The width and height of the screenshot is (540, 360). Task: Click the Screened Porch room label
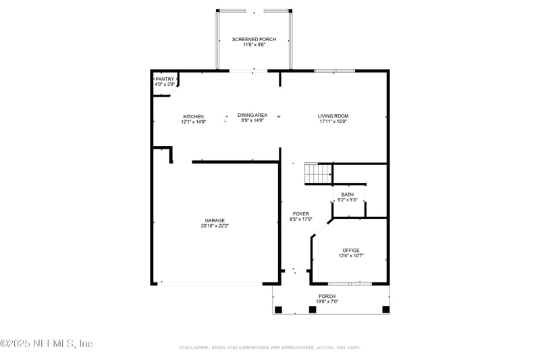(x=254, y=40)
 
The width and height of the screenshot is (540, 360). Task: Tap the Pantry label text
(x=165, y=79)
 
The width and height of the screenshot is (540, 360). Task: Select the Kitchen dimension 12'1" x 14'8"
(x=193, y=122)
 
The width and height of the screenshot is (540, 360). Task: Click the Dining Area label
(x=252, y=115)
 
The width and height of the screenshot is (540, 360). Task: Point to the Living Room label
(x=333, y=116)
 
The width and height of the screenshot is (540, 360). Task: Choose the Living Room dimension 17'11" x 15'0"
(x=333, y=122)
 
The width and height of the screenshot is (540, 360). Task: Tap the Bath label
(x=347, y=195)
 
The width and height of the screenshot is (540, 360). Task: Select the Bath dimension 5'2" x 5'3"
(x=347, y=200)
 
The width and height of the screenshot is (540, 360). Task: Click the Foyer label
(x=300, y=214)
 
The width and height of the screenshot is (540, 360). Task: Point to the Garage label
(x=215, y=220)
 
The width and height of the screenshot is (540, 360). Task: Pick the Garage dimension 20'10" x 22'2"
(x=215, y=226)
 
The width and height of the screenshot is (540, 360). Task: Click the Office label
(x=351, y=251)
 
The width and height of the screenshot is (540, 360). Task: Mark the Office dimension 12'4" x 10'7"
(x=351, y=256)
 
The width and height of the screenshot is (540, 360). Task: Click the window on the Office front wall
(x=350, y=283)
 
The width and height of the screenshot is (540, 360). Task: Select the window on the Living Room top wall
(x=334, y=70)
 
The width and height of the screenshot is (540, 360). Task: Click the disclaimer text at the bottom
(x=270, y=347)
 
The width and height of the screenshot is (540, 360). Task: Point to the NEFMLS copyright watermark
(x=47, y=344)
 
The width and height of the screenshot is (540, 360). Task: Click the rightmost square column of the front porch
(x=385, y=309)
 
